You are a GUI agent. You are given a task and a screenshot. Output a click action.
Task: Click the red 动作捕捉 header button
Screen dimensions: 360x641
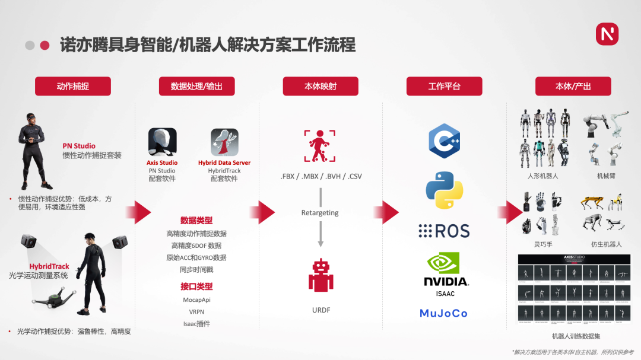click(x=73, y=86)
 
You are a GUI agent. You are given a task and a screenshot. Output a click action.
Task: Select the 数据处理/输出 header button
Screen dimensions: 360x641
click(x=196, y=86)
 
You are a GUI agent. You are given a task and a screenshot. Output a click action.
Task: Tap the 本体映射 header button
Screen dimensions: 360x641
click(x=320, y=86)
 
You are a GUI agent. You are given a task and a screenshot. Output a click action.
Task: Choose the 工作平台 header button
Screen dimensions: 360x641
click(x=444, y=86)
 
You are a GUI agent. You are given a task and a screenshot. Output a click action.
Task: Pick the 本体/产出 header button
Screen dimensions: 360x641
click(x=573, y=86)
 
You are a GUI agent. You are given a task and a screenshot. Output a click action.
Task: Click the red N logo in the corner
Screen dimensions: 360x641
click(x=607, y=34)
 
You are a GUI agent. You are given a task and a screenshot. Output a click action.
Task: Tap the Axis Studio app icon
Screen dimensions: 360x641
click(x=162, y=142)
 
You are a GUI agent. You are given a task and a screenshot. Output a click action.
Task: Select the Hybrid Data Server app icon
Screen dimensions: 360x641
click(x=224, y=142)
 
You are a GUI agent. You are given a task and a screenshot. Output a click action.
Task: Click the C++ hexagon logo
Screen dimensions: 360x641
click(x=445, y=141)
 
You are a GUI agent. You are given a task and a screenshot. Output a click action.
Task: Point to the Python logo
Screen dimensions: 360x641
click(x=445, y=190)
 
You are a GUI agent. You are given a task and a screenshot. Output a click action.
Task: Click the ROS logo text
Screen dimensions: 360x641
click(x=444, y=231)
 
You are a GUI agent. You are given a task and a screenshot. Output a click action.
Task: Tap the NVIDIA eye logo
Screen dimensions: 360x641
click(x=445, y=265)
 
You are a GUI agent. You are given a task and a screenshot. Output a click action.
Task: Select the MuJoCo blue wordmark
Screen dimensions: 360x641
click(x=443, y=313)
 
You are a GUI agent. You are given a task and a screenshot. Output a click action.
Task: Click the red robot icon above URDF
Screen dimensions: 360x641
click(x=320, y=275)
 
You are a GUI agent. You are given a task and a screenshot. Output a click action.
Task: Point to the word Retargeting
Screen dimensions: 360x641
click(x=320, y=212)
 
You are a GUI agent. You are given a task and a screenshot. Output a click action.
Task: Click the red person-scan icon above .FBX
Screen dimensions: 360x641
click(x=320, y=146)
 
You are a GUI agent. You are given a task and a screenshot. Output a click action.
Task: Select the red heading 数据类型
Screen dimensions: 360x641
click(x=196, y=221)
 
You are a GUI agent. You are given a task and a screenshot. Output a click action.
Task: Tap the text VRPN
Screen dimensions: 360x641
click(x=196, y=311)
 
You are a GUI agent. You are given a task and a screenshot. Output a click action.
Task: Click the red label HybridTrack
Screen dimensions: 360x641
click(x=49, y=267)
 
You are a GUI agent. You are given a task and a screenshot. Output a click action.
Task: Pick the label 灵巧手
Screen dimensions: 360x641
click(x=542, y=244)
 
